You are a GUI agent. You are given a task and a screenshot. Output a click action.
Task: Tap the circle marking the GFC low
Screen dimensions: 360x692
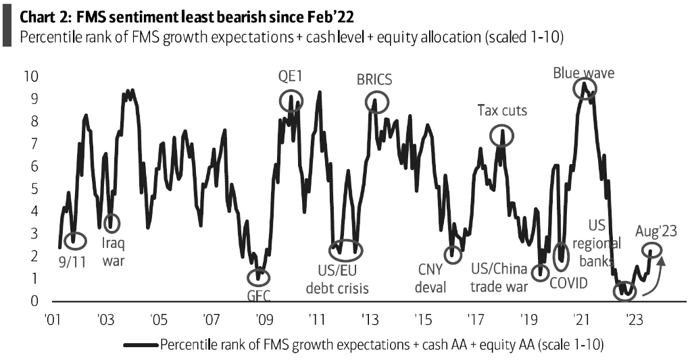click(258, 276)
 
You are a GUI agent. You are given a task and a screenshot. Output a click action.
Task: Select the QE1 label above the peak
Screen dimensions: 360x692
click(291, 77)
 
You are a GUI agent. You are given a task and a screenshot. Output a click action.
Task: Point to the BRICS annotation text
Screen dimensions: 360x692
click(374, 80)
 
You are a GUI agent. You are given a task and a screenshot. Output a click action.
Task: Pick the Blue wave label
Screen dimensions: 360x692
click(583, 72)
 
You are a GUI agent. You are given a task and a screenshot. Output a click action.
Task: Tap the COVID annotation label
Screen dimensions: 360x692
click(568, 282)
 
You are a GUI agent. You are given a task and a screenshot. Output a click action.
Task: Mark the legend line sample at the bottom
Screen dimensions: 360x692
click(140, 344)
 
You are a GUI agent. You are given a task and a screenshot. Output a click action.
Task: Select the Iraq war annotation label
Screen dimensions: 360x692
click(114, 252)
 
